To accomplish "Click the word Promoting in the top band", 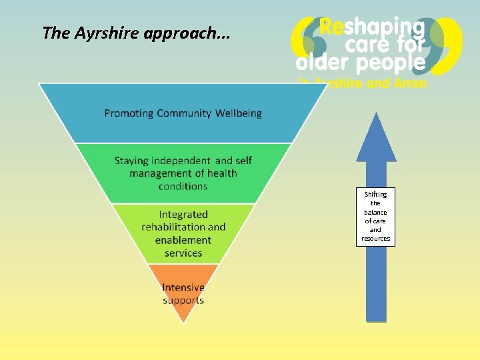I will coord(129,113).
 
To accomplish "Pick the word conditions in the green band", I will coord(183,186).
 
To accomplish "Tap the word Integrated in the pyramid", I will coord(183,215).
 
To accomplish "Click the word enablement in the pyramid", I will coord(183,240).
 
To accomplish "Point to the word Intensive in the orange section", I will coord(183,288).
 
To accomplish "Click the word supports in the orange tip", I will coord(183,300).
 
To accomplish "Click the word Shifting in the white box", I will coord(375,194).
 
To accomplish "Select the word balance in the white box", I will coord(375,212).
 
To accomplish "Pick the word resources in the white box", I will coord(375,238).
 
